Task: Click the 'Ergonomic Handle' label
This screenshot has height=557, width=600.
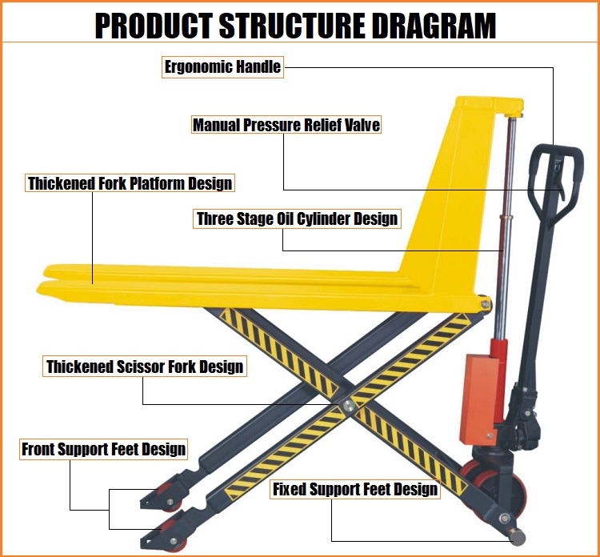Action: click(x=222, y=67)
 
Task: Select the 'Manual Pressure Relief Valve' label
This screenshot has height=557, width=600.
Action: click(x=286, y=125)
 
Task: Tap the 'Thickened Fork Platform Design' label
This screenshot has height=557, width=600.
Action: click(x=130, y=183)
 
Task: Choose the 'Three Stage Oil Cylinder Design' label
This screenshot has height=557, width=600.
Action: click(x=297, y=218)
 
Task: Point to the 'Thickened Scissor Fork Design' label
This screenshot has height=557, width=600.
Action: click(x=145, y=367)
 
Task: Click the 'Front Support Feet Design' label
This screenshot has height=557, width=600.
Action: click(x=104, y=449)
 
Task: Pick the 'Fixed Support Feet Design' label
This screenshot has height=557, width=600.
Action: click(x=355, y=489)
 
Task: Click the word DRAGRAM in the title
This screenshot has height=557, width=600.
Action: click(x=434, y=26)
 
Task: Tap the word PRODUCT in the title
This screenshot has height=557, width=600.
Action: click(x=154, y=26)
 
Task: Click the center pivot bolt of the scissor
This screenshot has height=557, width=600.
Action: click(x=348, y=406)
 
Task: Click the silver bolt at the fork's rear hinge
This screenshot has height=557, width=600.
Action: click(x=486, y=305)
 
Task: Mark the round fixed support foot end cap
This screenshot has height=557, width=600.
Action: click(x=518, y=536)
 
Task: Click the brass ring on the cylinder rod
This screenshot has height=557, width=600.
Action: click(x=506, y=217)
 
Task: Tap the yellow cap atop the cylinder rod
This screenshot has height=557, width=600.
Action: click(x=513, y=115)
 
